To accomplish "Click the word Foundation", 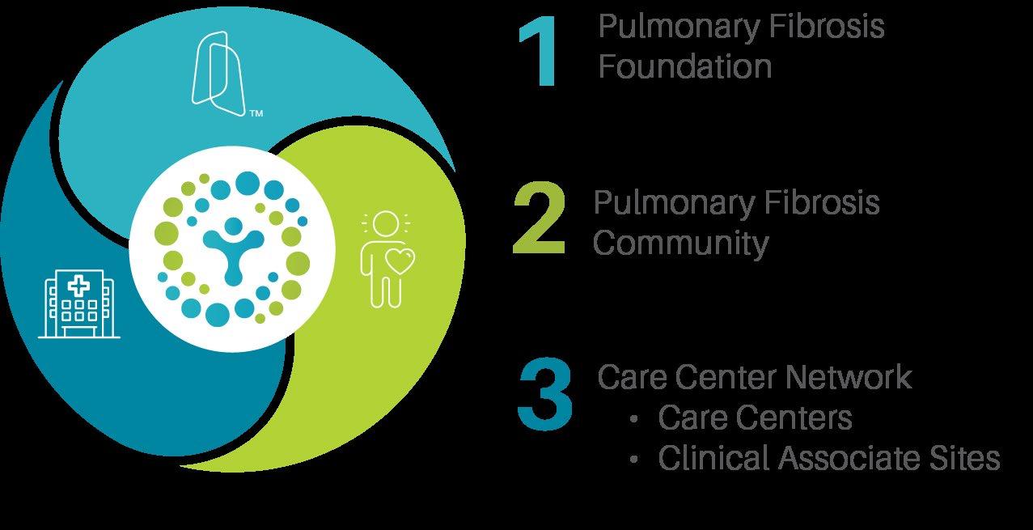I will click(684, 66).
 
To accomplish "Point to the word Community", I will click(680, 242).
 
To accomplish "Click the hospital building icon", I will click(79, 303).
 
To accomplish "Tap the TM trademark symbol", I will click(256, 114).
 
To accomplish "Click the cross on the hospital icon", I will click(78, 284).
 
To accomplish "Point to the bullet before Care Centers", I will click(635, 419).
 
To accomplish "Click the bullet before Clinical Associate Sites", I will click(635, 460).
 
